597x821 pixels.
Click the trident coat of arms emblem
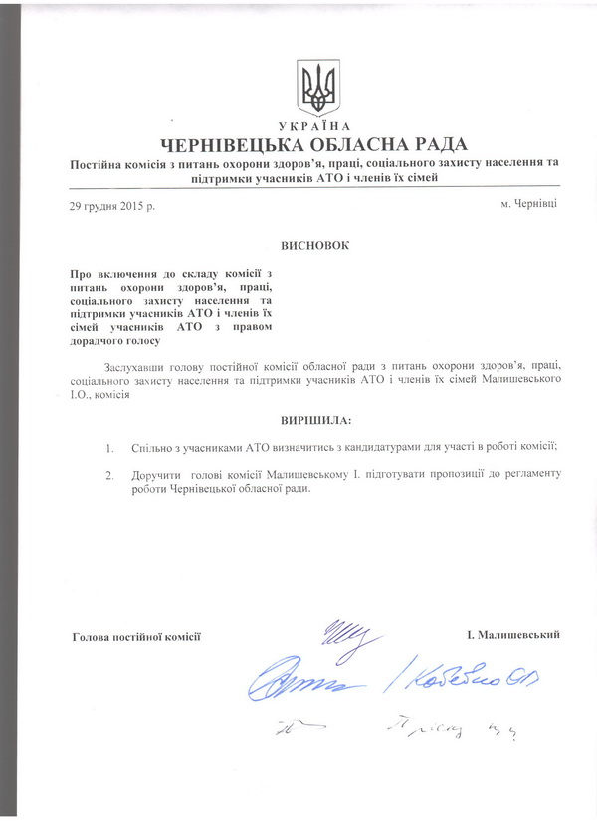(x=317, y=89)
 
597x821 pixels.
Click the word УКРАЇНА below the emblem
(x=317, y=127)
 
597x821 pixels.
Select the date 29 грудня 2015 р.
(x=112, y=205)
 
